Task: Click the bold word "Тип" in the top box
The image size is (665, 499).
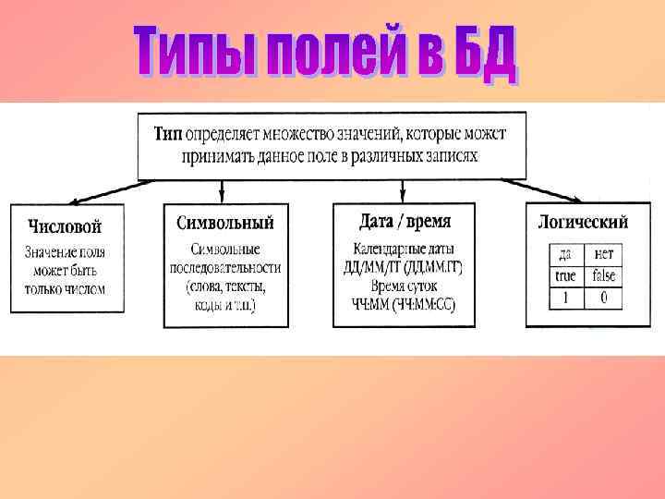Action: coord(168,134)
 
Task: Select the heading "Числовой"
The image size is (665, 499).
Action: coord(65,225)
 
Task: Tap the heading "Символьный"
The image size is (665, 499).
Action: coord(224,223)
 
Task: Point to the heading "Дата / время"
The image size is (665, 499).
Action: coord(404,222)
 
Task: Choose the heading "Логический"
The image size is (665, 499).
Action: coord(583,222)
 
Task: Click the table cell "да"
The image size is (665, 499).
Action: coord(564,254)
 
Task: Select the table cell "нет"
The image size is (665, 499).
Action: coord(603,254)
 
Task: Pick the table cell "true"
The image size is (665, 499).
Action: coord(564,276)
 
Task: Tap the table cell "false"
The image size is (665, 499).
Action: coord(603,276)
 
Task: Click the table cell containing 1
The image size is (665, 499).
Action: coord(564,298)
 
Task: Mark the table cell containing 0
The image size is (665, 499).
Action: coord(603,298)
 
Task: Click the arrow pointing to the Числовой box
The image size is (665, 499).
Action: coord(102,191)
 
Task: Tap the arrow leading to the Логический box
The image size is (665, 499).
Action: coord(554,191)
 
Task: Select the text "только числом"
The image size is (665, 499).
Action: coord(65,288)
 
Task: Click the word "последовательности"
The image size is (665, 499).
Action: coord(224,268)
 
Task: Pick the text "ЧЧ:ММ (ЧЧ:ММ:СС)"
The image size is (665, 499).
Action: coord(404,303)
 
